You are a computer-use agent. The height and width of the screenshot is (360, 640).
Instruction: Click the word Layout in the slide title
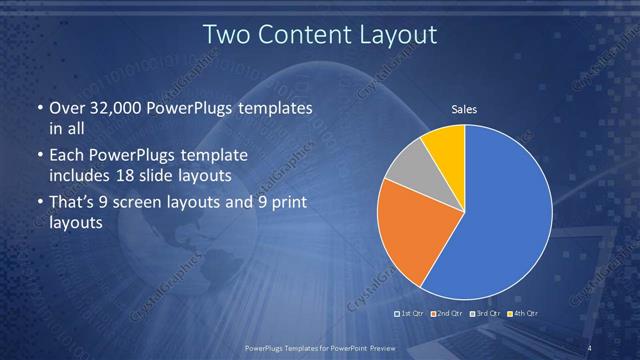(x=395, y=34)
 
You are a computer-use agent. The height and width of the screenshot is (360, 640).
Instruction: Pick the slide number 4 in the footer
(x=590, y=347)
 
